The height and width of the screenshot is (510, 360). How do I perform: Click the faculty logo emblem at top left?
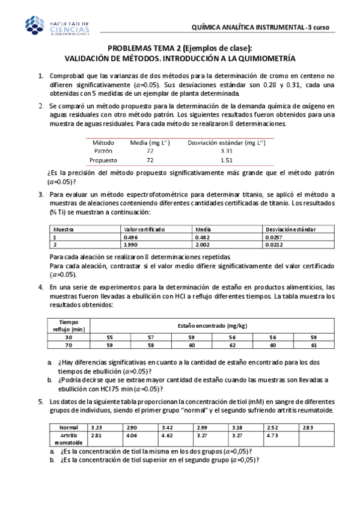pos(35,25)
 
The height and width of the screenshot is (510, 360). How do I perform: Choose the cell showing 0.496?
pos(131,238)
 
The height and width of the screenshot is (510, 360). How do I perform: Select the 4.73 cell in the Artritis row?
pos(271,435)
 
